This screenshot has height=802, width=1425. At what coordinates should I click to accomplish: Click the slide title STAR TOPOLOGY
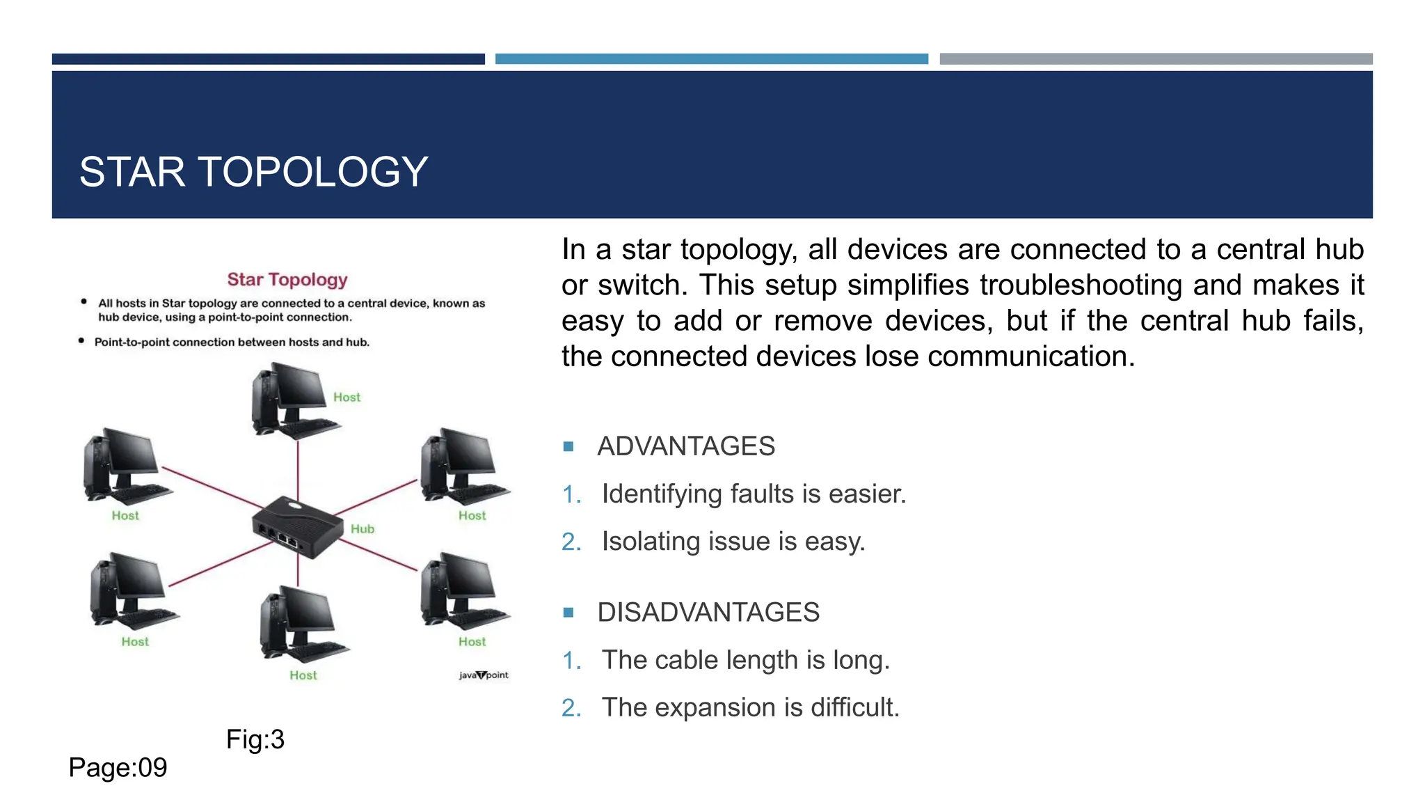[253, 172]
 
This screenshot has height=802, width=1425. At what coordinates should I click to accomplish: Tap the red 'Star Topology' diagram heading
[287, 279]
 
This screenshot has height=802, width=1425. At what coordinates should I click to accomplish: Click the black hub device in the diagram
[298, 526]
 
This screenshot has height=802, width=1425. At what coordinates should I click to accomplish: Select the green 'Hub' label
[363, 529]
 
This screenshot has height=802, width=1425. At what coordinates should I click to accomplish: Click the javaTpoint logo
[484, 675]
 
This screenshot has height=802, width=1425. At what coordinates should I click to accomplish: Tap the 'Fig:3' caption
[255, 739]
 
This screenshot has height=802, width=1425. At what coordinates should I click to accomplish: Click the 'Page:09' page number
[118, 768]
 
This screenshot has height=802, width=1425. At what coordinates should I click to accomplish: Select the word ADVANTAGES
[686, 446]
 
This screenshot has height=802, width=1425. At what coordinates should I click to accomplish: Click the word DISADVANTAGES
[708, 613]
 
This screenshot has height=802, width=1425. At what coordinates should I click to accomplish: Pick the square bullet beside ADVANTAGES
[568, 446]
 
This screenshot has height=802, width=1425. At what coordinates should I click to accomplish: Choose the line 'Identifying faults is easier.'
[754, 494]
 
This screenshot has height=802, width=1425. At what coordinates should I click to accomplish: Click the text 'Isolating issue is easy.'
[733, 541]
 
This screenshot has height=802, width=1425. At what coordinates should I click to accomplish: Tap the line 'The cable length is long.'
[746, 660]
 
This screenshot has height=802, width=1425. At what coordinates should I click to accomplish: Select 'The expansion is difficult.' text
[751, 707]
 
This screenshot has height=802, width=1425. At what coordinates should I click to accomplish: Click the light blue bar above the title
[711, 59]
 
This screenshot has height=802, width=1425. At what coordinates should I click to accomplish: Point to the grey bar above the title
[1156, 59]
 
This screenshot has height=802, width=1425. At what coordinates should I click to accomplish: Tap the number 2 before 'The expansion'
[570, 708]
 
